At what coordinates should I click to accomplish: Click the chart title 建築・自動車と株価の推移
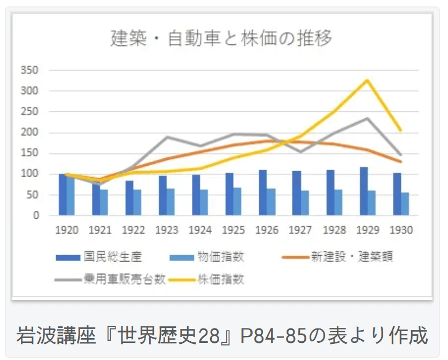coord(221,39)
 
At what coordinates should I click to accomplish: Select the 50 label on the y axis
coord(33,195)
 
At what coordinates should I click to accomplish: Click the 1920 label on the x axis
coord(67,230)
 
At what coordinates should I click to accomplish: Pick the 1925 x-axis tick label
coord(234,230)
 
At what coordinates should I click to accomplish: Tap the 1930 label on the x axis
coord(401,230)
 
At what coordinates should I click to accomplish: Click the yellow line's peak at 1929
coord(367,80)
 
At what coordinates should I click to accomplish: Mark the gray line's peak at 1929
coord(367,118)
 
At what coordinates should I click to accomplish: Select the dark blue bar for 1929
coord(364,192)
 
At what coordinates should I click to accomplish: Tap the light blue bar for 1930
coord(405,204)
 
